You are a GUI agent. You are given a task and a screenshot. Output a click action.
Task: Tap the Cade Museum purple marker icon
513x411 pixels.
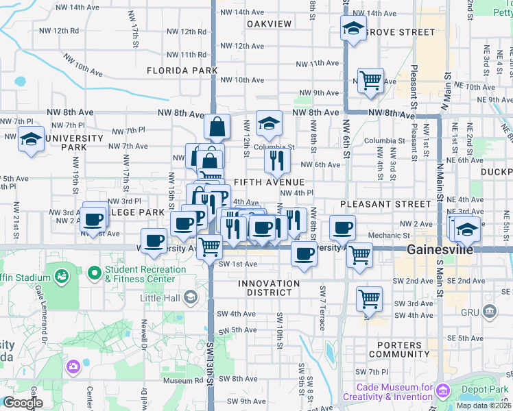(443, 391)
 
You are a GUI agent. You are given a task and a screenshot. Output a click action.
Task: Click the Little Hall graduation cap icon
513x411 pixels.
(190, 297)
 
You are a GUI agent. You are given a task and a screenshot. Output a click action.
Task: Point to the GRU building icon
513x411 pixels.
(490, 312)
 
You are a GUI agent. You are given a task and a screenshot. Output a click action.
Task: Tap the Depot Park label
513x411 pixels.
(486, 389)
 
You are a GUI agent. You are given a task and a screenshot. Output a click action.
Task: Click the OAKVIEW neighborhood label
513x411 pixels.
(269, 24)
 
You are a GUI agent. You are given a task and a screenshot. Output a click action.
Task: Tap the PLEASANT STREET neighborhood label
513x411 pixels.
(386, 204)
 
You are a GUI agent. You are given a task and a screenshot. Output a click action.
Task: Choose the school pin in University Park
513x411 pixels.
(31, 139)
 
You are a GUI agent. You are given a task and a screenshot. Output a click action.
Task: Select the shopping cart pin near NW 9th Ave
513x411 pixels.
(370, 79)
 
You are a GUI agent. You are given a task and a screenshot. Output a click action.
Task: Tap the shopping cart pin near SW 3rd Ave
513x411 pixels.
(369, 298)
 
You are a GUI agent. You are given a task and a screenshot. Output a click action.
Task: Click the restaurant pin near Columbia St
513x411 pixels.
(277, 160)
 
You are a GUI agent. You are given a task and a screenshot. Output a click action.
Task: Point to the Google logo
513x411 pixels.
(22, 403)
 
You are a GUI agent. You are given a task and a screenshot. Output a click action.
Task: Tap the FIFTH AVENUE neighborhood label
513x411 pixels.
(269, 182)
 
